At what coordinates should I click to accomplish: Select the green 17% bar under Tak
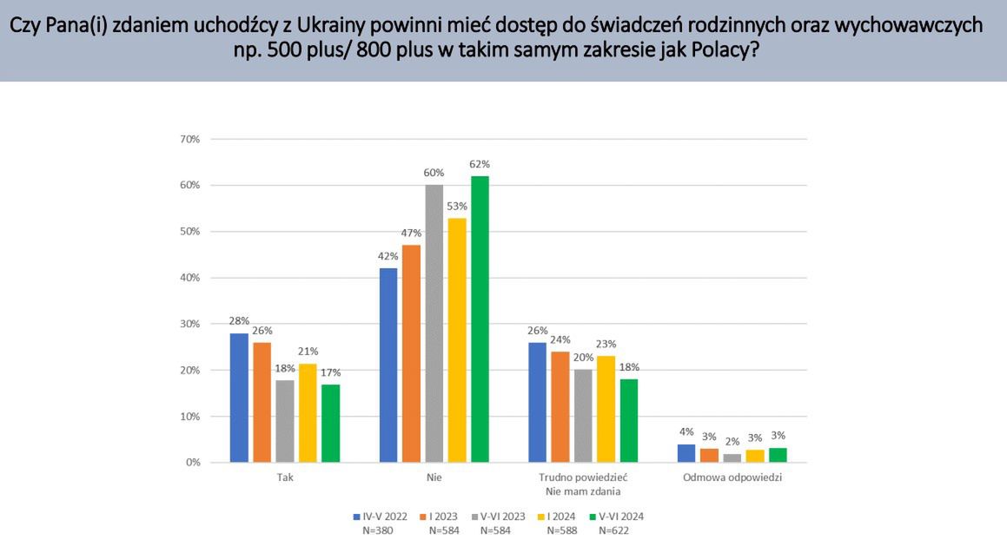[x=329, y=423]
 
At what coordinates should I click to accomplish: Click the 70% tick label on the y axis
[x=189, y=139]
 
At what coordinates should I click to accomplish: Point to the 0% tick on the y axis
[x=192, y=463]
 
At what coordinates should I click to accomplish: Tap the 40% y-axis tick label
[x=189, y=278]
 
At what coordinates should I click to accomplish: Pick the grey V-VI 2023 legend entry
[x=504, y=516]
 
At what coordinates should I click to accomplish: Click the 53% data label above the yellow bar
[x=457, y=207]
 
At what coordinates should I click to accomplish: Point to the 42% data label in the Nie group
[x=388, y=256]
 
